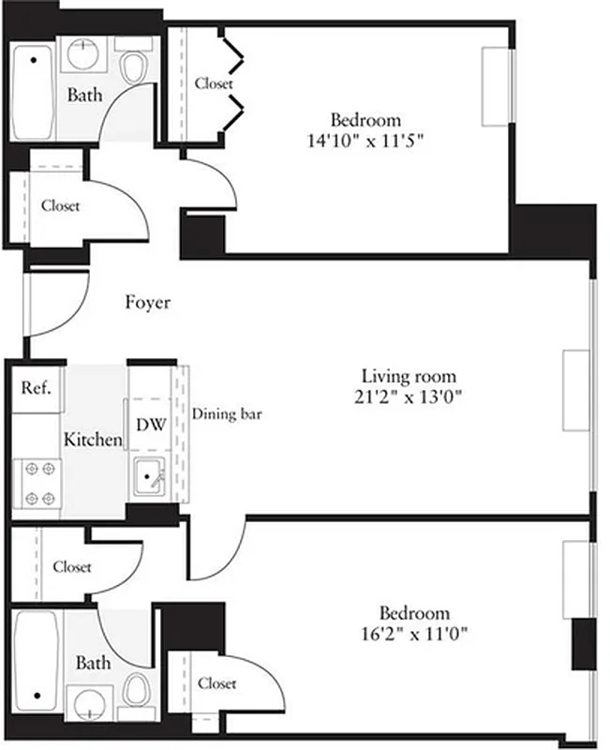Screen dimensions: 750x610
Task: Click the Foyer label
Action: tap(148, 303)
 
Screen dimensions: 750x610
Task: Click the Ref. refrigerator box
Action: tap(37, 387)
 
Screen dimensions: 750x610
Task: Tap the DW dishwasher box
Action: tap(150, 424)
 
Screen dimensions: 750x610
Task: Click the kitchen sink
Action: tap(150, 479)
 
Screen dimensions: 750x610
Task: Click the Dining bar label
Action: tap(226, 412)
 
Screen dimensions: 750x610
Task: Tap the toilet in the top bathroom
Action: tap(135, 67)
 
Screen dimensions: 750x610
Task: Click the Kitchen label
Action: tap(93, 440)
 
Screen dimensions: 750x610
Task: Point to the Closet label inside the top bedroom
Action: tap(214, 83)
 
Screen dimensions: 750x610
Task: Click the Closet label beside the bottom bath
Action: tap(216, 683)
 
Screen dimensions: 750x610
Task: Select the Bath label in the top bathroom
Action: tap(83, 96)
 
